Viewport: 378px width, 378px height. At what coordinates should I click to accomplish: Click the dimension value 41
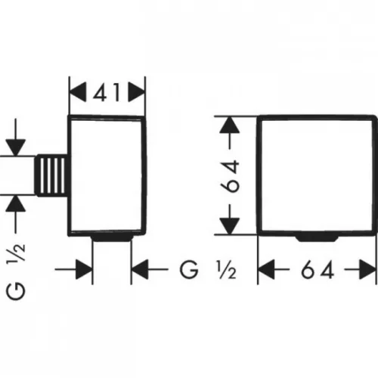pyautogui.click(x=107, y=92)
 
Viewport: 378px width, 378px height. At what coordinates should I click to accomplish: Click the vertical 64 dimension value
pyautogui.click(x=230, y=176)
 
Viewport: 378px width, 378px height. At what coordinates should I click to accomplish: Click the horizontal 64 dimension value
pyautogui.click(x=318, y=269)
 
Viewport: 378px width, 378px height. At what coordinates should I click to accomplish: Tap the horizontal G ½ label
pyautogui.click(x=208, y=269)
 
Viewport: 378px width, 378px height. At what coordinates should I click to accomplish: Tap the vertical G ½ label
pyautogui.click(x=16, y=271)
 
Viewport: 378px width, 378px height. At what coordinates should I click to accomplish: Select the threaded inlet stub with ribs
pyautogui.click(x=51, y=175)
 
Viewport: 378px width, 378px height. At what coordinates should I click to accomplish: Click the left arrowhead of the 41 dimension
pyautogui.click(x=78, y=92)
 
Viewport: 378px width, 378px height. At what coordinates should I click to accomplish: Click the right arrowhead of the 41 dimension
pyautogui.click(x=136, y=92)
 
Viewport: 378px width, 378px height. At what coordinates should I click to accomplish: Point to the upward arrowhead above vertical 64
pyautogui.click(x=229, y=125)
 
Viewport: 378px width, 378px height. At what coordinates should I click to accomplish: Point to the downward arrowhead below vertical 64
pyautogui.click(x=229, y=226)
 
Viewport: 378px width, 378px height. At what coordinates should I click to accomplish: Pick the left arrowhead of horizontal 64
pyautogui.click(x=267, y=269)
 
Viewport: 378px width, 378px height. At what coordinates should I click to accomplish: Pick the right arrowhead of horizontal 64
pyautogui.click(x=367, y=269)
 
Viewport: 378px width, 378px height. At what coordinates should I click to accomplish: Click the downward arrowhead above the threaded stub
pyautogui.click(x=16, y=147)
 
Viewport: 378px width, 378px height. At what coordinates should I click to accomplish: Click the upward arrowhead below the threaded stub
pyautogui.click(x=16, y=203)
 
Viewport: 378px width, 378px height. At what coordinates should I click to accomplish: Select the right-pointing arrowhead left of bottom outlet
pyautogui.click(x=84, y=269)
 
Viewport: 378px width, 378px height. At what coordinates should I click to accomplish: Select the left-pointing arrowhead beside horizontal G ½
pyautogui.click(x=140, y=269)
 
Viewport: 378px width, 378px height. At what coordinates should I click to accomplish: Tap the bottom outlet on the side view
pyautogui.click(x=112, y=238)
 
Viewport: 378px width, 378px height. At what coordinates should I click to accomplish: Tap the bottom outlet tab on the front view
pyautogui.click(x=317, y=238)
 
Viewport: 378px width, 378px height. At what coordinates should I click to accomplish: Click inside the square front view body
pyautogui.click(x=316, y=175)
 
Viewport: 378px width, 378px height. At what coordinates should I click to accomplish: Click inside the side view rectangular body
pyautogui.click(x=107, y=175)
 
